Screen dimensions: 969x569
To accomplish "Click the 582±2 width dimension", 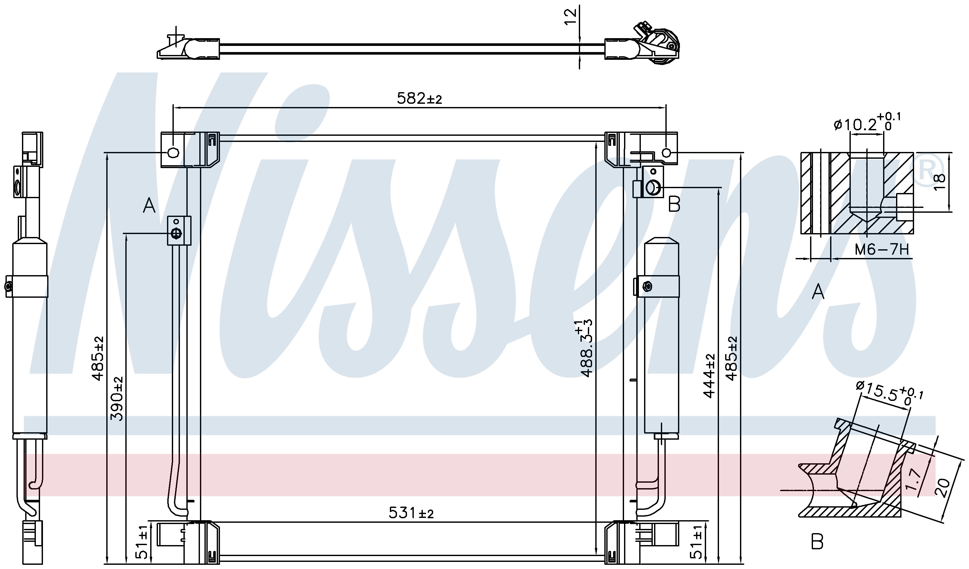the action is pos(419,99).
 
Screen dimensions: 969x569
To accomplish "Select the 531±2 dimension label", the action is pos(411,513).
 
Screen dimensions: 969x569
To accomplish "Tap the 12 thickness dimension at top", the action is pos(571,17).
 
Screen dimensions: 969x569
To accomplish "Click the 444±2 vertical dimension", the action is pos(708,375).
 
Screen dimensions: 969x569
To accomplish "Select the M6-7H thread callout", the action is pos(881,250).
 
